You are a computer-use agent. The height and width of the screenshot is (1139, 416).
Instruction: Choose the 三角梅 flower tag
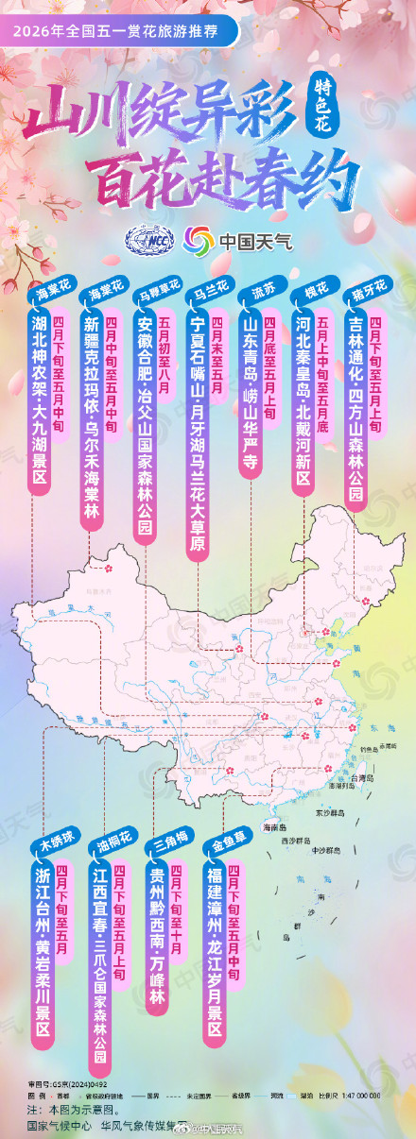(165, 842)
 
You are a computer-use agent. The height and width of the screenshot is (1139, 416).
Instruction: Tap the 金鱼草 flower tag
(221, 842)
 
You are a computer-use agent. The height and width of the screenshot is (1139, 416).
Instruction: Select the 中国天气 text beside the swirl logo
(255, 241)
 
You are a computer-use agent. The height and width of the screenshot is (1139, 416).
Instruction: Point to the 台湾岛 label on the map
(365, 777)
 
